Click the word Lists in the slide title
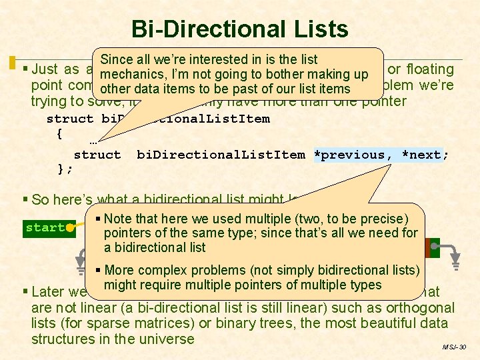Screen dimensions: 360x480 (x=317, y=29)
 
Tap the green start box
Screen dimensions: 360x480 (x=45, y=228)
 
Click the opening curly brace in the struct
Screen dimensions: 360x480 (x=60, y=134)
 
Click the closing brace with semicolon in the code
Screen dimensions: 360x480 (x=65, y=169)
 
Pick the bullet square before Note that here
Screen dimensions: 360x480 (x=97, y=219)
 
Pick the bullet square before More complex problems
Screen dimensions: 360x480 (x=97, y=270)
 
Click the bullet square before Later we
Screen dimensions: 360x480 (x=25, y=292)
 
